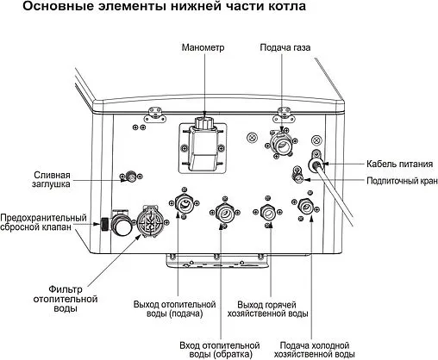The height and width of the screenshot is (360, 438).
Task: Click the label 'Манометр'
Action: (x=203, y=47)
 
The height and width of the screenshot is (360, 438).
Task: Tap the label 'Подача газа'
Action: (x=285, y=47)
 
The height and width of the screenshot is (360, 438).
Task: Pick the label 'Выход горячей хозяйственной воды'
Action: (x=272, y=308)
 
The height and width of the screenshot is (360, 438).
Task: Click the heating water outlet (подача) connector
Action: (x=183, y=205)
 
